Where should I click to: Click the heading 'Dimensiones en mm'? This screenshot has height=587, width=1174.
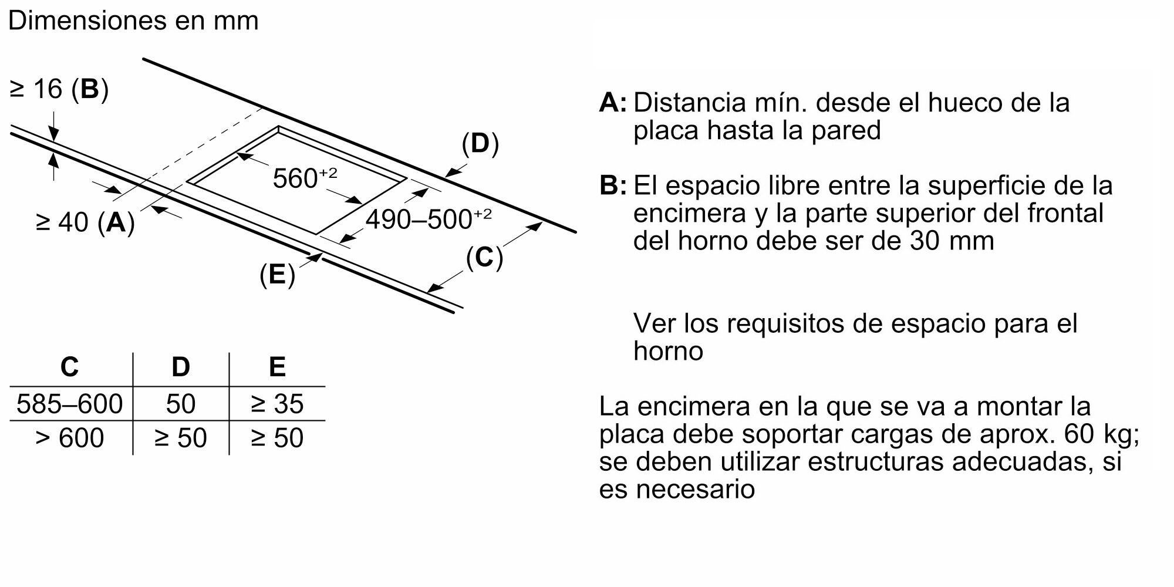click(133, 21)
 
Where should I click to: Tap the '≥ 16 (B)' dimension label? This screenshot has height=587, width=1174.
click(59, 89)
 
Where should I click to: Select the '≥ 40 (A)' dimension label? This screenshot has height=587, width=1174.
click(85, 222)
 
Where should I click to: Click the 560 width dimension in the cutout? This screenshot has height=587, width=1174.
click(305, 178)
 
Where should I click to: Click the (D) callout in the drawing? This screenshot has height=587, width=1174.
click(480, 144)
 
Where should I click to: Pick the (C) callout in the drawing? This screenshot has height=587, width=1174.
click(484, 258)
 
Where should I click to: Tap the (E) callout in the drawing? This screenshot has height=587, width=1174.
click(277, 275)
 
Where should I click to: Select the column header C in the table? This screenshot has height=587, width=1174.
click(69, 367)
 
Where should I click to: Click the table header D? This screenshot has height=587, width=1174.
click(181, 367)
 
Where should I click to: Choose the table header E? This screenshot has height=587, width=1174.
click(277, 367)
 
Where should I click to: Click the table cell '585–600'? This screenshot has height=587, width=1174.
click(69, 404)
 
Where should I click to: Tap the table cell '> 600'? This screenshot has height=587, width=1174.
click(69, 438)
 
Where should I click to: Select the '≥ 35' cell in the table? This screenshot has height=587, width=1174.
click(277, 404)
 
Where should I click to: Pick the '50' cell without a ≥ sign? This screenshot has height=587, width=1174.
click(181, 404)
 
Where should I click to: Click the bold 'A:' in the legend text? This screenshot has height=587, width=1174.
click(612, 103)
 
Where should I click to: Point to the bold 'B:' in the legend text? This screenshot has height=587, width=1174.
click(612, 186)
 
